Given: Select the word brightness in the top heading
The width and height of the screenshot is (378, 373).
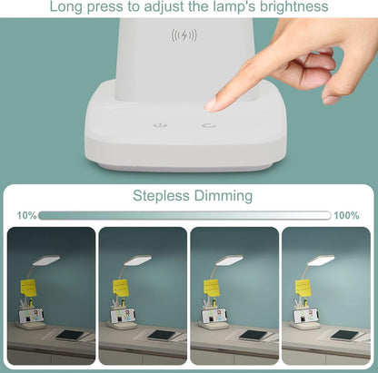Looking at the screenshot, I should (x=293, y=7).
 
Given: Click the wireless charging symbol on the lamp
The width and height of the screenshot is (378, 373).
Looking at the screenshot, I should (x=184, y=37).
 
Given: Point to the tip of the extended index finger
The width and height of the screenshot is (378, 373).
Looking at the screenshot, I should (x=212, y=105).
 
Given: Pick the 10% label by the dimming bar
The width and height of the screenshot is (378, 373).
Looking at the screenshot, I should (x=26, y=216).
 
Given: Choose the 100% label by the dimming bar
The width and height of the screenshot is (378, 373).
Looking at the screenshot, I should (x=347, y=216).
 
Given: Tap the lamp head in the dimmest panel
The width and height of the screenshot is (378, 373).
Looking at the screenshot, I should (x=46, y=260).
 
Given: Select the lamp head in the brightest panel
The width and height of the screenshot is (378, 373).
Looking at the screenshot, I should (x=321, y=260).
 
